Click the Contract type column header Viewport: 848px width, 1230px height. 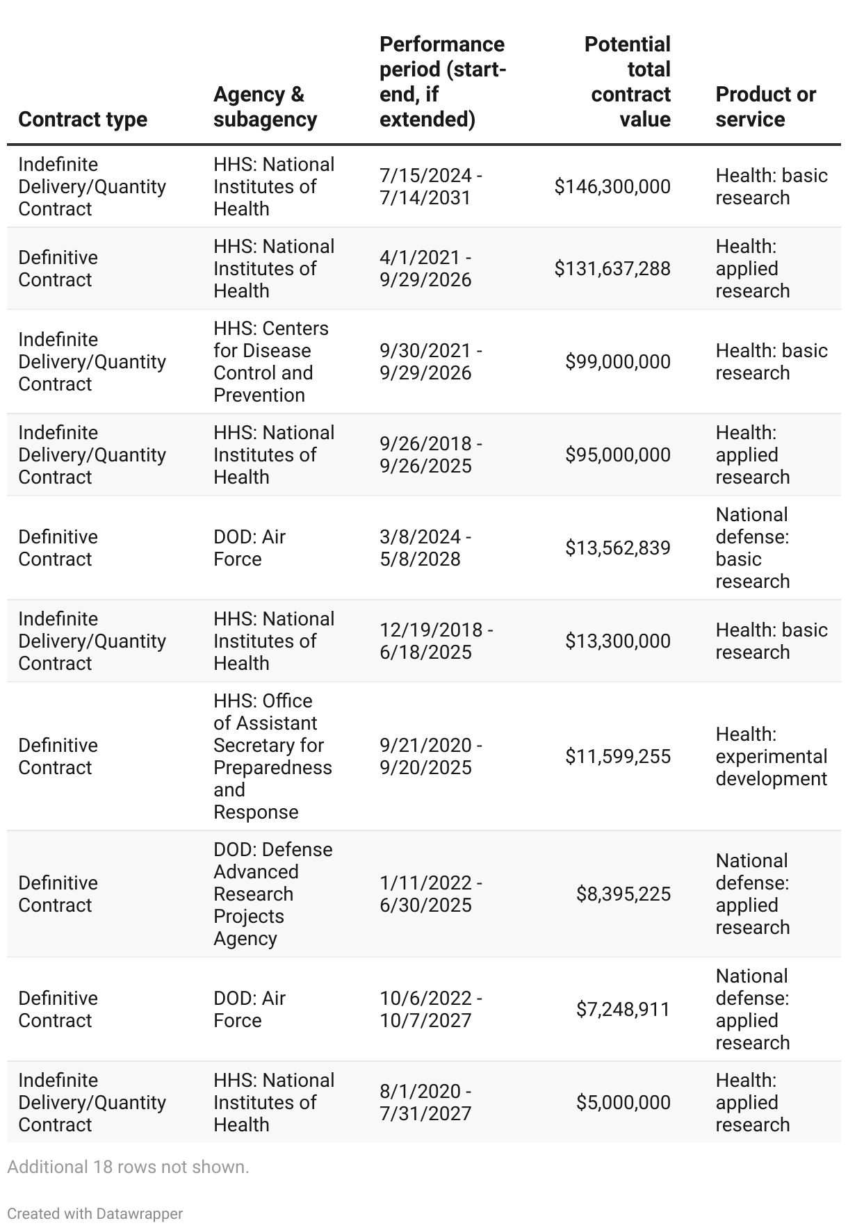(83, 119)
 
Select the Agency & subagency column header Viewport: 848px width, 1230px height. (266, 106)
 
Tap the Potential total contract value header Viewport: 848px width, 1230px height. (628, 81)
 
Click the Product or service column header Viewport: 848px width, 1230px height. (765, 106)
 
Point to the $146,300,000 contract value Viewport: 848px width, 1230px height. (612, 186)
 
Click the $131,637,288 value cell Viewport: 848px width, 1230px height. (612, 268)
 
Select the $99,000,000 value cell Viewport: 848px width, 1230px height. (618, 361)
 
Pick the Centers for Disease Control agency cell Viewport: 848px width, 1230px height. (271, 361)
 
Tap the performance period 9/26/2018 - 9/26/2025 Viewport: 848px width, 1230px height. (431, 454)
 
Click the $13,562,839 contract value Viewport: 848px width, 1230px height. (618, 548)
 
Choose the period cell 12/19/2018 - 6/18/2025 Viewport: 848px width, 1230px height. (437, 641)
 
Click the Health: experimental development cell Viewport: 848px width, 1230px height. (771, 756)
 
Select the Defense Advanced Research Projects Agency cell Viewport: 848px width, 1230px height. (272, 894)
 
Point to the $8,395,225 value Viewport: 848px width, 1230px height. (623, 894)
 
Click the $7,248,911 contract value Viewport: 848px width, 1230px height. (623, 1009)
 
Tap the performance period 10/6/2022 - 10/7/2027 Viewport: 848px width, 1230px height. (431, 1009)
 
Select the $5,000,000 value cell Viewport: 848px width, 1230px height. (623, 1102)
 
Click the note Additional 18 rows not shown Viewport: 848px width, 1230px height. (128, 1167)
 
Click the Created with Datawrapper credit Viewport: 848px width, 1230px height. (95, 1213)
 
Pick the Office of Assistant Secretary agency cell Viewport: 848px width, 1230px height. (272, 756)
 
